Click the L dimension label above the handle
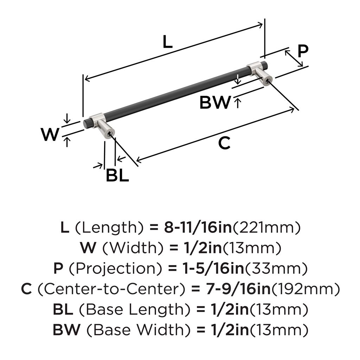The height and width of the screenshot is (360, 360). click(x=167, y=41)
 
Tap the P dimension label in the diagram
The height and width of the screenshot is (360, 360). click(x=303, y=51)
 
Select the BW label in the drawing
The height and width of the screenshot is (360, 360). click(x=215, y=102)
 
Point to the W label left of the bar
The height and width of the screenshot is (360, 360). click(x=50, y=134)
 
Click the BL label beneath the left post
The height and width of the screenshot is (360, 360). click(x=117, y=175)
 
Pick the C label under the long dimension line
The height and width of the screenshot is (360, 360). click(x=224, y=143)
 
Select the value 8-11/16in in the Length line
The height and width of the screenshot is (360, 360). click(x=198, y=227)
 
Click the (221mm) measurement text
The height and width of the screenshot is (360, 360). click(x=266, y=228)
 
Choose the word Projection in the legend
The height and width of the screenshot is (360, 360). click(x=116, y=268)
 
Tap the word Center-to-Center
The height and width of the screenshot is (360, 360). click(x=111, y=289)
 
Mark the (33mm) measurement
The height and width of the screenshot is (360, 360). click(x=276, y=268)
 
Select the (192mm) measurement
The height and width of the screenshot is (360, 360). click(x=306, y=289)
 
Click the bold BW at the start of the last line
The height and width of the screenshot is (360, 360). click(x=66, y=330)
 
